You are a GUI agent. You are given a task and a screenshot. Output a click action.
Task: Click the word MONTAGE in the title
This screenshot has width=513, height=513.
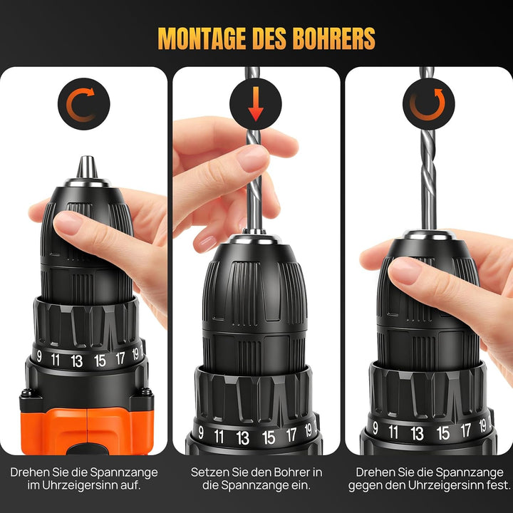click(x=202, y=38)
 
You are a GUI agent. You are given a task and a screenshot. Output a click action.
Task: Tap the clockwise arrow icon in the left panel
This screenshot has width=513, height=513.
click(x=81, y=104)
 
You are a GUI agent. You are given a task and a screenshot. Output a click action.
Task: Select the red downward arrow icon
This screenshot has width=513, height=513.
click(x=256, y=104)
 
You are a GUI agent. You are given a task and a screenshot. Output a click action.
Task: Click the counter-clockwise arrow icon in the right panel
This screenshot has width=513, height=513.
click(x=427, y=104)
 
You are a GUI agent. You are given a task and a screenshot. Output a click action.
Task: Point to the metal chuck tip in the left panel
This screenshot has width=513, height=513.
click(x=87, y=167)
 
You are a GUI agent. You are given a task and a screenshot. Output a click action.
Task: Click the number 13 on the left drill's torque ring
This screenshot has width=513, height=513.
click(x=76, y=361)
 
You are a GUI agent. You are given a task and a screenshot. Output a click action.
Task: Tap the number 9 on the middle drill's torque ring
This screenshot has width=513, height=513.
click(x=201, y=432)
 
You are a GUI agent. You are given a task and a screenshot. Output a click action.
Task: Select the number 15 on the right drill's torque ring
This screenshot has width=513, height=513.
click(x=443, y=433)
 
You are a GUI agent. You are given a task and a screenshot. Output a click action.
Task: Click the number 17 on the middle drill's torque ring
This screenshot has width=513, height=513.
click(x=291, y=435)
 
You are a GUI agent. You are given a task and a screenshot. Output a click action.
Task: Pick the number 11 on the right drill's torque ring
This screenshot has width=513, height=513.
click(x=393, y=432)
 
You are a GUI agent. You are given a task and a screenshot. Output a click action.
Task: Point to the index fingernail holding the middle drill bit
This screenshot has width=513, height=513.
click(x=252, y=160)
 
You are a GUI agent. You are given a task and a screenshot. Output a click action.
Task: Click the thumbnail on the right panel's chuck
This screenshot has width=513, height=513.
click(x=405, y=271)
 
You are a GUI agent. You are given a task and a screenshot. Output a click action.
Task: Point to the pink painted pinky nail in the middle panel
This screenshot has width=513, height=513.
click(x=206, y=244)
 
